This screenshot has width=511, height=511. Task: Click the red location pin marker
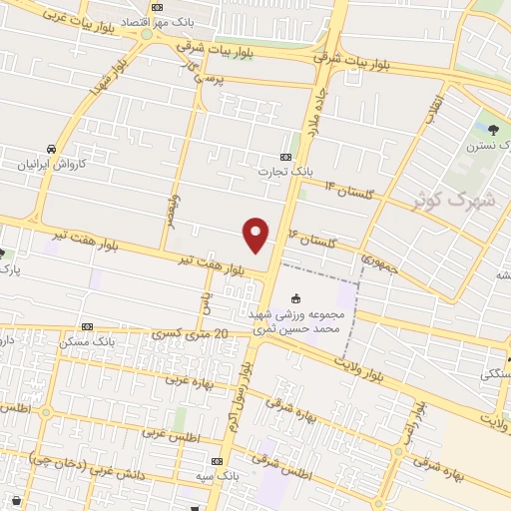(256, 234)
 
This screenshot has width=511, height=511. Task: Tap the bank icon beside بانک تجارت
(286, 157)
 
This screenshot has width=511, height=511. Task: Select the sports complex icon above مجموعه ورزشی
(295, 298)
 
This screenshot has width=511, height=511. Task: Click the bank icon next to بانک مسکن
(87, 326)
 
